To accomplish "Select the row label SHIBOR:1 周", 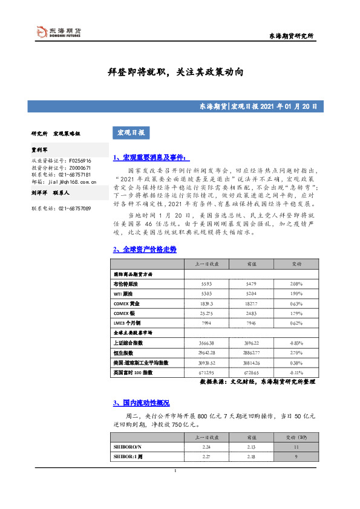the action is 128,456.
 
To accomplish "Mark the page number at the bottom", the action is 175,470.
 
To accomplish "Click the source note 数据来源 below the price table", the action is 258,382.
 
